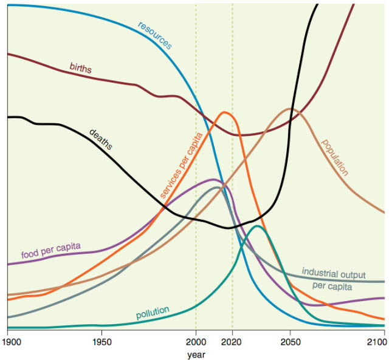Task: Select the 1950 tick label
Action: coord(102,342)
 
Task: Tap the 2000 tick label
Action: coord(196,342)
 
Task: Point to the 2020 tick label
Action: coord(233,342)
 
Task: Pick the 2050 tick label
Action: coord(290,342)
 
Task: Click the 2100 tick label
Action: coord(377,342)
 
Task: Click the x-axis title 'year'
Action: coord(196,353)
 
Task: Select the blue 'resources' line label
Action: coord(154,35)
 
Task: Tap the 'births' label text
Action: coord(80,68)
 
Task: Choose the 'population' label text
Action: coord(334,157)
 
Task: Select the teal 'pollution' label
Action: coord(152,314)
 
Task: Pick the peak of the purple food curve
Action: coord(214,179)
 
